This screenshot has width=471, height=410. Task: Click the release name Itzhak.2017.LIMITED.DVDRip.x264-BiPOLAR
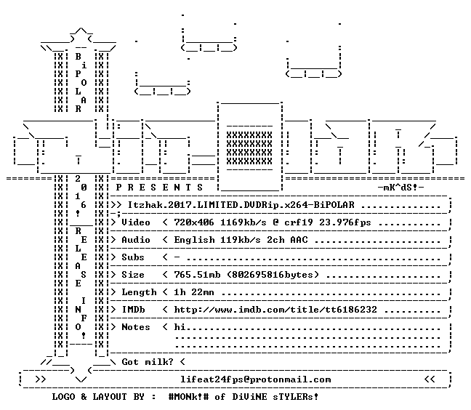241,205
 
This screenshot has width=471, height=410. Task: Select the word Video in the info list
136,222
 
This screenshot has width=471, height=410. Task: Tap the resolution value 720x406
194,222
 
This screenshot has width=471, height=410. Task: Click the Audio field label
136,240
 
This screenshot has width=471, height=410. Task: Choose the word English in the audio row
194,240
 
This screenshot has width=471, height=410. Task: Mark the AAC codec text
299,240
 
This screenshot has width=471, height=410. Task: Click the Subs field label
133,257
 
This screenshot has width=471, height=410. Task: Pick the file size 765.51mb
197,275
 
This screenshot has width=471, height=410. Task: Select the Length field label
139,292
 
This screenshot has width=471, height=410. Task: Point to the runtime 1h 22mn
194,292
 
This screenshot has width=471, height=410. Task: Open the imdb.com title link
275,310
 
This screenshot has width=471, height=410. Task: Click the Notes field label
136,327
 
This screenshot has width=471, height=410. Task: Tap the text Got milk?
148,362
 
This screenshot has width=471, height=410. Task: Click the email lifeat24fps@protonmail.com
256,379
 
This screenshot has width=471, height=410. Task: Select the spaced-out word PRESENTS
159,188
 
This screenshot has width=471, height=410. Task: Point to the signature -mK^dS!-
400,188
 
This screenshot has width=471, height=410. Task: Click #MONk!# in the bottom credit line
189,397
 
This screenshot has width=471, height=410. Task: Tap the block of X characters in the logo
249,148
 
